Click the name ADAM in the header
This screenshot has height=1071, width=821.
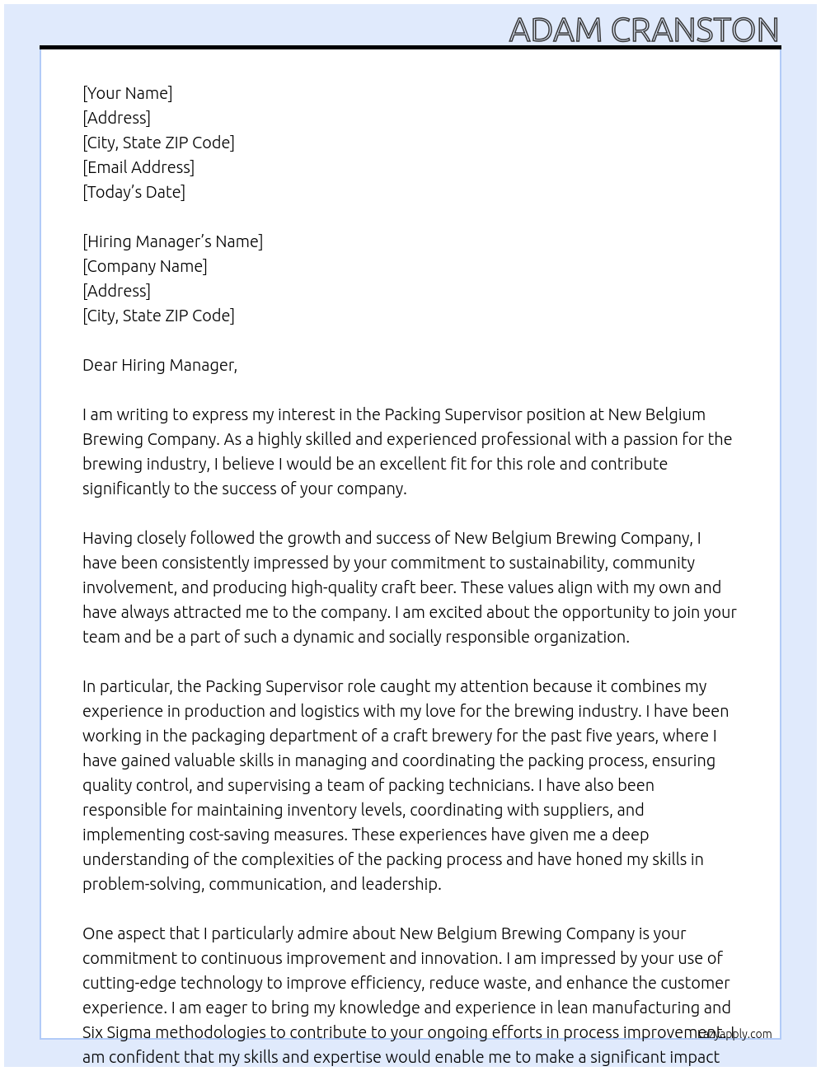(556, 30)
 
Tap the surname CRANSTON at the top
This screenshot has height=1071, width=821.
(695, 30)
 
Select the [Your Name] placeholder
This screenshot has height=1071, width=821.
(127, 93)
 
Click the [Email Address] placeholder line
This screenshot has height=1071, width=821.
(138, 167)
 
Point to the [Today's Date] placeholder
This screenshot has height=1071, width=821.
(134, 192)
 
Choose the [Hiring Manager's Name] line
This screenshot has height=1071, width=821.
(172, 241)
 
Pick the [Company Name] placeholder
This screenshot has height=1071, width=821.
(144, 266)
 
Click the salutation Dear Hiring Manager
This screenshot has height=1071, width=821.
(159, 365)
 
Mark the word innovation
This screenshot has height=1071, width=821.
(460, 958)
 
